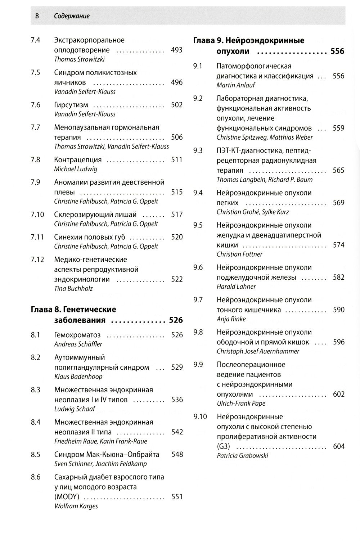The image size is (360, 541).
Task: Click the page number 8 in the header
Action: [37, 16]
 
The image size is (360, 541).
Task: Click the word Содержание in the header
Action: [72, 16]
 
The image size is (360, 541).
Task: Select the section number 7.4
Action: [35, 40]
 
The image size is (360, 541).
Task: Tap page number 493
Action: [176, 50]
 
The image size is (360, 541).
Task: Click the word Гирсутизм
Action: [71, 105]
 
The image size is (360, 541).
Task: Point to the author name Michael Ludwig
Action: [76, 169]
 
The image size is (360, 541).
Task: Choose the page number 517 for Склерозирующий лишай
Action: [177, 215]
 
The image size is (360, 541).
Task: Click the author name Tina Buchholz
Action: [73, 288]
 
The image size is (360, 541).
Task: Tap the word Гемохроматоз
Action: [77, 335]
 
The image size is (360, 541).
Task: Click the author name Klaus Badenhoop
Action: [78, 377]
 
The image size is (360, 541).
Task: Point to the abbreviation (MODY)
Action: [67, 497]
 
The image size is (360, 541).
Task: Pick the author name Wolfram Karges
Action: [76, 506]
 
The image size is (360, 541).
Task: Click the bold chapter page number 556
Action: [337, 51]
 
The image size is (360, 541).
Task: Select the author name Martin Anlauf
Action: [236, 85]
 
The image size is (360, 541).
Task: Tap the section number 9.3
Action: [198, 150]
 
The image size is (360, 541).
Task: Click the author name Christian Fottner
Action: [239, 254]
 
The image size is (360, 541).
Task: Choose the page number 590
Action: [338, 310]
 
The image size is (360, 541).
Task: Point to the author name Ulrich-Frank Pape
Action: [241, 404]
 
